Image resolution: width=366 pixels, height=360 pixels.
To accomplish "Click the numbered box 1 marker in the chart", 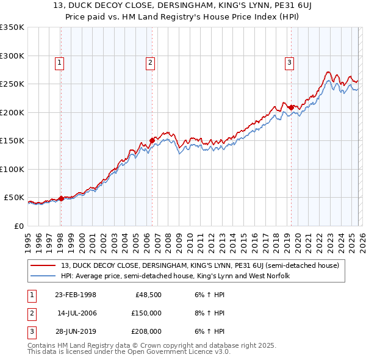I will tap(60, 62).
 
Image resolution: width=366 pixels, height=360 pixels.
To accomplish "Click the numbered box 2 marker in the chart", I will tap(150, 62).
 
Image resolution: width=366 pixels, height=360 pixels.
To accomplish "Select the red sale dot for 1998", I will tap(61, 198).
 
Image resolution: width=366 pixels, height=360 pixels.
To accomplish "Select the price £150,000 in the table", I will tap(146, 313).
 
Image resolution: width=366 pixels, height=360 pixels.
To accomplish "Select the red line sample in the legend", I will tap(43, 265).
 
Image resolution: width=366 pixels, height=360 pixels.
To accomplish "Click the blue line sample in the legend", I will tap(43, 276).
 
